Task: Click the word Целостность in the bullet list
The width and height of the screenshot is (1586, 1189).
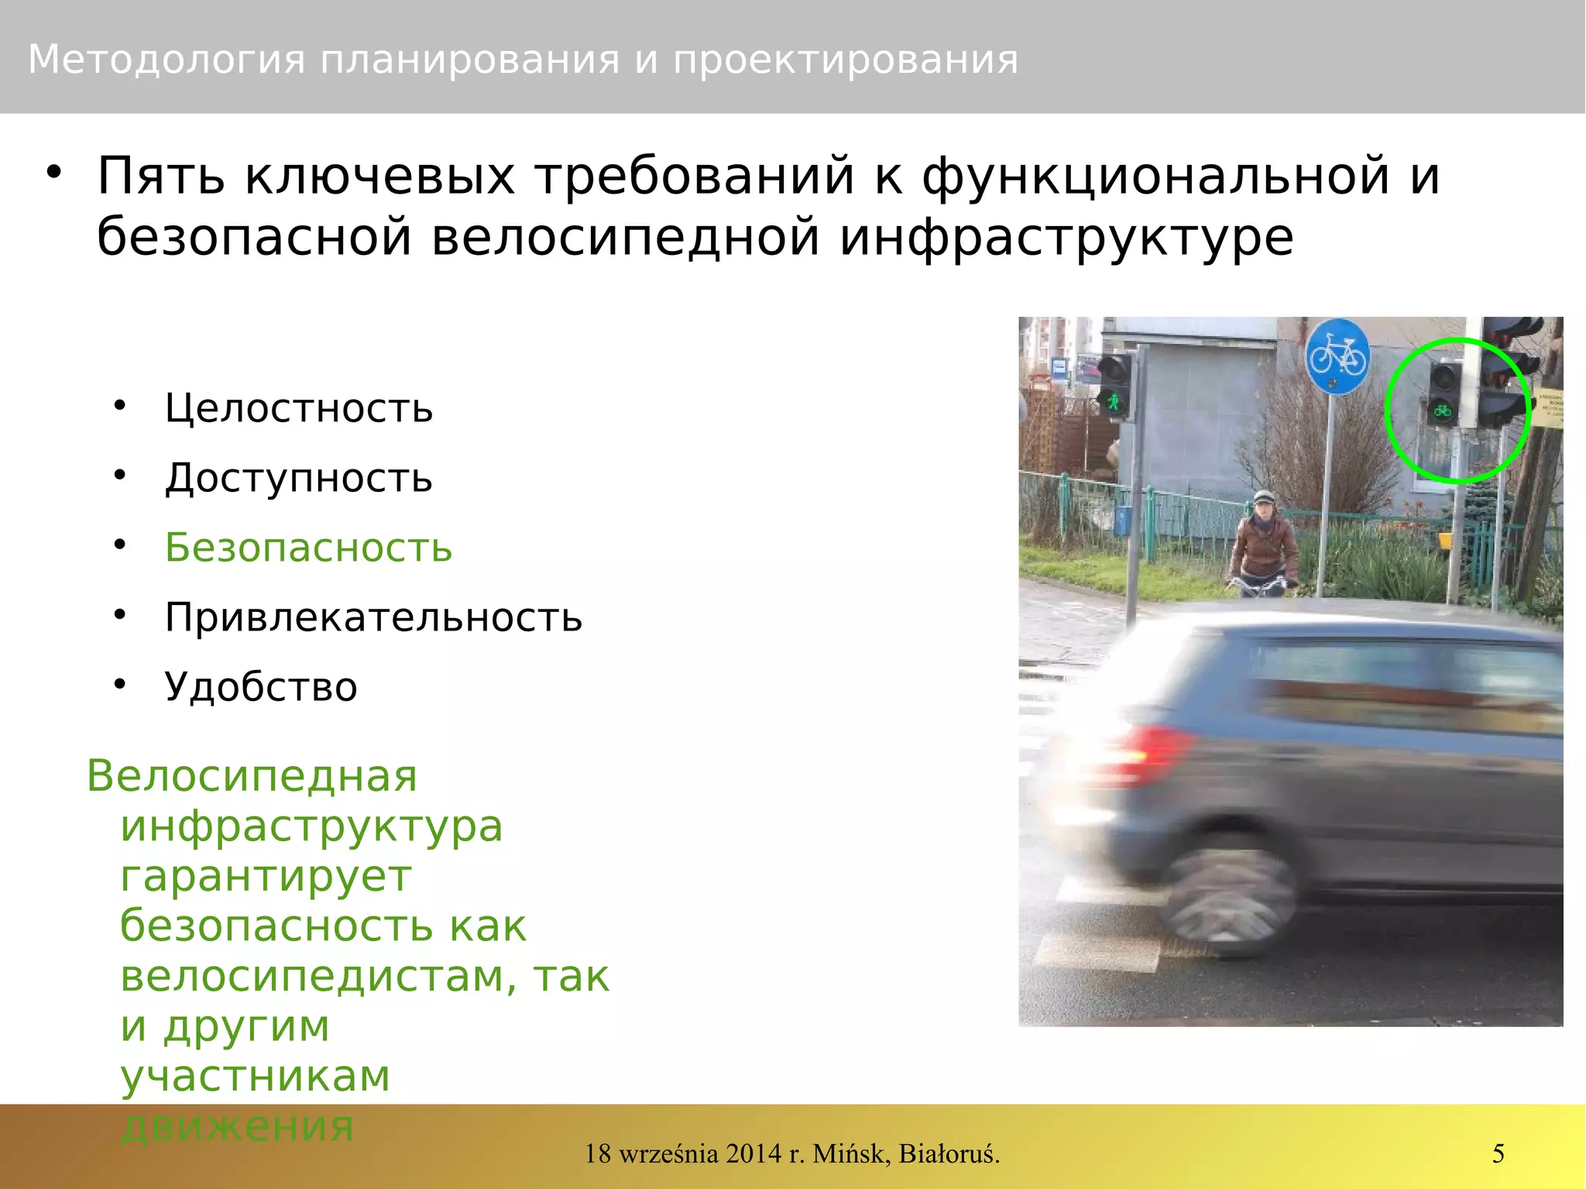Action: click(298, 408)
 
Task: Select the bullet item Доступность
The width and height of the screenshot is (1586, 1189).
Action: click(298, 478)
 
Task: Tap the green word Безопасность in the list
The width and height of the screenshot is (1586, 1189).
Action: click(308, 548)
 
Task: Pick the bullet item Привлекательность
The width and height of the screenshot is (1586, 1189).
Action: click(373, 617)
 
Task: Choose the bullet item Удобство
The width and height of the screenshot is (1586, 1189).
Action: click(261, 687)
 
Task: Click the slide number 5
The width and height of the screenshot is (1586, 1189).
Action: click(1498, 1153)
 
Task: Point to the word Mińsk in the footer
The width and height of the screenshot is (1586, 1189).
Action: click(850, 1153)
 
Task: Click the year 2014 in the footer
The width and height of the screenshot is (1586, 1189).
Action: click(754, 1153)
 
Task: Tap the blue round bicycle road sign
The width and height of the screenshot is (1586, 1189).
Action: click(1337, 357)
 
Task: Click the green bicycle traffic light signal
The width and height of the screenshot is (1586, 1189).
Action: click(1442, 410)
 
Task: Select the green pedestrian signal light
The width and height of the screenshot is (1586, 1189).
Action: click(1114, 401)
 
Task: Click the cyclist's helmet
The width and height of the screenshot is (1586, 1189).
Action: click(1264, 497)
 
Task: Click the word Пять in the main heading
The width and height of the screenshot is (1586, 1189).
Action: click(161, 176)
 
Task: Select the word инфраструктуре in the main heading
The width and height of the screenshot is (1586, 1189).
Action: click(1066, 237)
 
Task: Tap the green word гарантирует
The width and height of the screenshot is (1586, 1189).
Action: click(266, 877)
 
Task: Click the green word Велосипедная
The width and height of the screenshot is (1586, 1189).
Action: click(252, 776)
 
